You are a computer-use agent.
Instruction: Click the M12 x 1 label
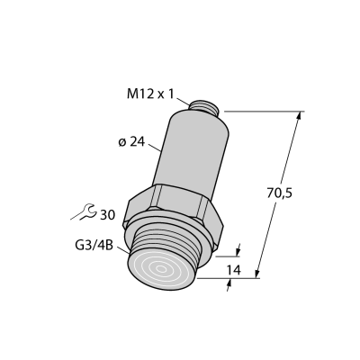click(150, 94)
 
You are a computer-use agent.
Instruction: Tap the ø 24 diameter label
click(131, 142)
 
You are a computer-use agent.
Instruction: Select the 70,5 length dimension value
click(279, 193)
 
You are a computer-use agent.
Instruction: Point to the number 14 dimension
click(233, 270)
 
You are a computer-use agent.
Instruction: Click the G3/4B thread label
click(94, 246)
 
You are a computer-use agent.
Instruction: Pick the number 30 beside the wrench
click(107, 215)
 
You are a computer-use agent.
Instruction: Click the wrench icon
click(84, 211)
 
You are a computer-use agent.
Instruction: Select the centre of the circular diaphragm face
click(161, 269)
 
